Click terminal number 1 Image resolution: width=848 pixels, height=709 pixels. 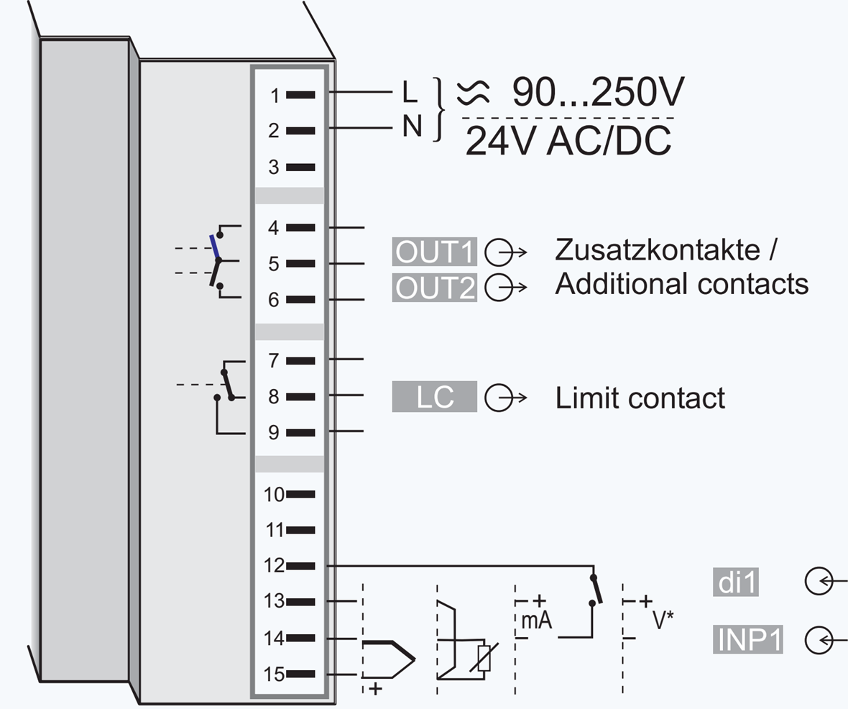(275, 96)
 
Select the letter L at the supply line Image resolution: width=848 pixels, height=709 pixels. (409, 93)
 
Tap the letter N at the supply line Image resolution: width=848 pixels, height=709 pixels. (411, 127)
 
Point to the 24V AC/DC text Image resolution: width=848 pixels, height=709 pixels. (568, 142)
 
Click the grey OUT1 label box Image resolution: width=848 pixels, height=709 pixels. (435, 252)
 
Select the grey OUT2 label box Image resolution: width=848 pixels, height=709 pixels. (435, 288)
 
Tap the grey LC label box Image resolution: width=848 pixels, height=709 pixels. (435, 397)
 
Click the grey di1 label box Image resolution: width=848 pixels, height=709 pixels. (737, 582)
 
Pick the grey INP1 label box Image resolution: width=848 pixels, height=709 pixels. (749, 639)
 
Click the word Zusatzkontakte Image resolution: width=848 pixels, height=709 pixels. (658, 250)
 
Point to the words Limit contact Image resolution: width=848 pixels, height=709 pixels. (640, 398)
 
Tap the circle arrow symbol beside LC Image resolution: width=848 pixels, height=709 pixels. (504, 398)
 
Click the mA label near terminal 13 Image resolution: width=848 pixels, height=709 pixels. (535, 621)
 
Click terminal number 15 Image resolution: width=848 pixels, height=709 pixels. (274, 674)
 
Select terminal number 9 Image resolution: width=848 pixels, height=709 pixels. (274, 433)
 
